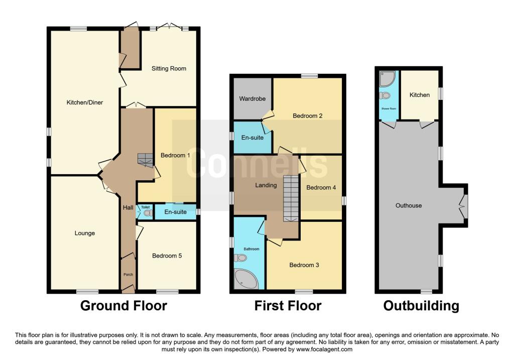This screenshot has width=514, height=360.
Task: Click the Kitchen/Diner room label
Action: (x=85, y=103)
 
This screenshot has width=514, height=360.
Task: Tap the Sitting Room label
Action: (x=169, y=69)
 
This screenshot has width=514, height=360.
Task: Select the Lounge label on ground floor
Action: (x=85, y=233)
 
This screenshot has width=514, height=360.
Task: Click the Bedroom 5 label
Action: (x=167, y=256)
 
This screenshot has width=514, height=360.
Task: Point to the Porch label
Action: (x=128, y=275)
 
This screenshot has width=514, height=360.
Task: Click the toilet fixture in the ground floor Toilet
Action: (x=147, y=213)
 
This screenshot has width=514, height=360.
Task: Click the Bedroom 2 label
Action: (x=307, y=116)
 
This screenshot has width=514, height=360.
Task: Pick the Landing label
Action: (x=266, y=185)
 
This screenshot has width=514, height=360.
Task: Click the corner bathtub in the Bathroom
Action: (x=245, y=279)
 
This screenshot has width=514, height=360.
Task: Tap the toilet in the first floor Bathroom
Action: (x=240, y=258)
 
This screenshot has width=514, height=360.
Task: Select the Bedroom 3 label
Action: (x=304, y=265)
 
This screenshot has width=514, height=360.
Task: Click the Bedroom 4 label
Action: (x=321, y=188)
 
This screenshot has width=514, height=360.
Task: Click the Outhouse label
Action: (x=409, y=205)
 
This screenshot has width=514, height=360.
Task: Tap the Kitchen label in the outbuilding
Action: (x=419, y=95)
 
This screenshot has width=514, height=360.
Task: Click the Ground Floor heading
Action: (x=123, y=306)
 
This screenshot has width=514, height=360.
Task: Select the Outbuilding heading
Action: (x=421, y=306)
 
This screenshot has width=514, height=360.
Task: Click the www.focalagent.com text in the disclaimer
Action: (x=324, y=349)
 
